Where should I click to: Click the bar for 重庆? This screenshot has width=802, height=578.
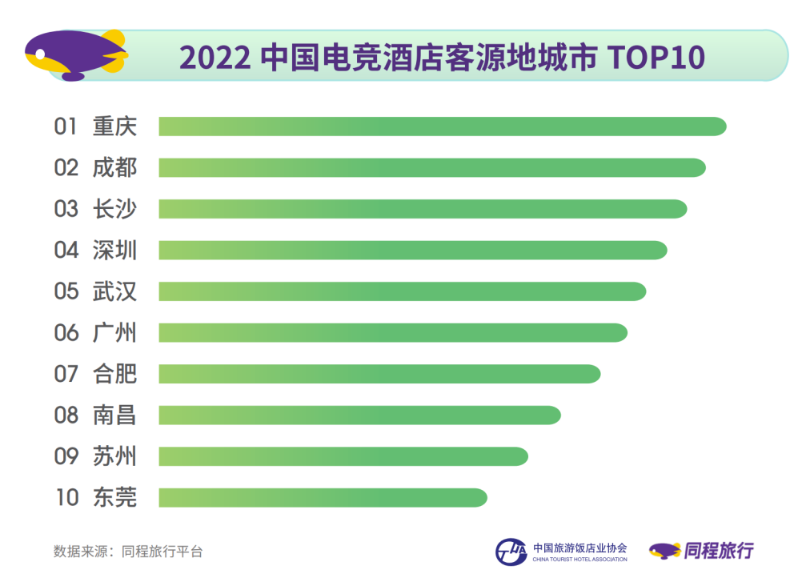(x=442, y=126)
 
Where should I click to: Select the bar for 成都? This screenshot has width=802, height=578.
(x=432, y=167)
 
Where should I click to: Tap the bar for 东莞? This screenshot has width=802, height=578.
(x=323, y=497)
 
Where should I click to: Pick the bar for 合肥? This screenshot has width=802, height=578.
(x=379, y=374)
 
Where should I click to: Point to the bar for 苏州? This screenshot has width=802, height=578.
(x=343, y=456)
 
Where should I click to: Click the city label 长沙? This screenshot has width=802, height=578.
(x=114, y=209)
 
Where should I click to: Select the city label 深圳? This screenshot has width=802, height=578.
(x=114, y=250)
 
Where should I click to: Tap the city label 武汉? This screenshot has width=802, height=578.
(x=114, y=291)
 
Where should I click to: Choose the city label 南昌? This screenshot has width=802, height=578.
(x=114, y=415)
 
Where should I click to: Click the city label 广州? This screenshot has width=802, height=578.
(x=114, y=332)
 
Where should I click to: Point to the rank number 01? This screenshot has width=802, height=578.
(x=66, y=126)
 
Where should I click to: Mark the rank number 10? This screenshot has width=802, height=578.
(x=66, y=497)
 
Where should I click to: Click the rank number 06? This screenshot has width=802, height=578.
(x=66, y=332)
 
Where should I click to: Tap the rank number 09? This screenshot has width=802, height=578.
(x=66, y=456)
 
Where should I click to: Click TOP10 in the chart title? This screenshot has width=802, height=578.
(x=657, y=58)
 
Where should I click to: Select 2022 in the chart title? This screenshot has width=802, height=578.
(x=215, y=58)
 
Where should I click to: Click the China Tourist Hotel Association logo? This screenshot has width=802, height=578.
(x=561, y=552)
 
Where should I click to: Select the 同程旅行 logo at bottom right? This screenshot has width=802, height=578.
(x=702, y=550)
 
